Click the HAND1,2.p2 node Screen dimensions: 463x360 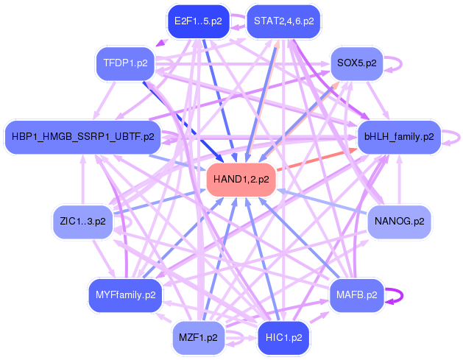241,180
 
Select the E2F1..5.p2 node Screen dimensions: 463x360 198,21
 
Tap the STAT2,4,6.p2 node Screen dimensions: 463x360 284,21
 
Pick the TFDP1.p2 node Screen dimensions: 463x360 125,63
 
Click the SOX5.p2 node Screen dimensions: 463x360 357,63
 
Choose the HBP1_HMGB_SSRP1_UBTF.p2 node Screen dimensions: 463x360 83,137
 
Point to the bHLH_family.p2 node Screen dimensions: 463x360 399,137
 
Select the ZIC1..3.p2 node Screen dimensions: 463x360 82,222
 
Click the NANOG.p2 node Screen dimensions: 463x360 399,222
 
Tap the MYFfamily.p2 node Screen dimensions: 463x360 125,295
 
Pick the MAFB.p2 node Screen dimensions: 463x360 357,295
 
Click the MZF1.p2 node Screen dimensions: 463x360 198,338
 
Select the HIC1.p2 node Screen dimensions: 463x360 284,338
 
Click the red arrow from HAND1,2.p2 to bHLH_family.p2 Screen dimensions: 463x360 317,160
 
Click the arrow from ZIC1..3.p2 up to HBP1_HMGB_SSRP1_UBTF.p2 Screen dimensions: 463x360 83,179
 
